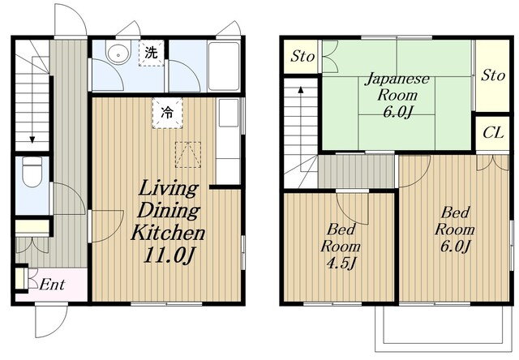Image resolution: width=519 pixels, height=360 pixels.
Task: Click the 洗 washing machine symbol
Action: point(152,53)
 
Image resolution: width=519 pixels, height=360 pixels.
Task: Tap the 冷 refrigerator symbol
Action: point(167,113)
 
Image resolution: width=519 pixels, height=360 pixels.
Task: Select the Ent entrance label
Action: point(52,285)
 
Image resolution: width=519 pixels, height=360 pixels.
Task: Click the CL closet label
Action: point(493,133)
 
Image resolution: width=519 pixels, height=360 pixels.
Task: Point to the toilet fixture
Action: point(32,172)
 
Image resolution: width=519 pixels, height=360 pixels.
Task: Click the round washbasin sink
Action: point(117,53)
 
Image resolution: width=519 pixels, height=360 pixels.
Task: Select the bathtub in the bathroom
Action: point(224,66)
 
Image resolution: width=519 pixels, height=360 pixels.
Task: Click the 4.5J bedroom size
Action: point(341,264)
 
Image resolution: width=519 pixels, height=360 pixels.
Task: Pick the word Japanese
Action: point(397,79)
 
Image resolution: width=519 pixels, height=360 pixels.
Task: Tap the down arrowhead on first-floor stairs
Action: point(32,139)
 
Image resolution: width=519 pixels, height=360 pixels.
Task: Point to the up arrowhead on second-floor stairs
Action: point(301,90)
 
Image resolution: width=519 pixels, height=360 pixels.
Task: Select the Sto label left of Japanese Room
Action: point(302,56)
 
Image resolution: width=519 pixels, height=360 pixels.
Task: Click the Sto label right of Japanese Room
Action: point(493,75)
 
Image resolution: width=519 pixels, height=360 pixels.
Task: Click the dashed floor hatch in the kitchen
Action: point(188,155)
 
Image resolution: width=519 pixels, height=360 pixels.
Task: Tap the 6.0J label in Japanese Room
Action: point(397,113)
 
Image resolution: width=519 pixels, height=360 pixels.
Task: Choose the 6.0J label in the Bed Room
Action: point(455,246)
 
